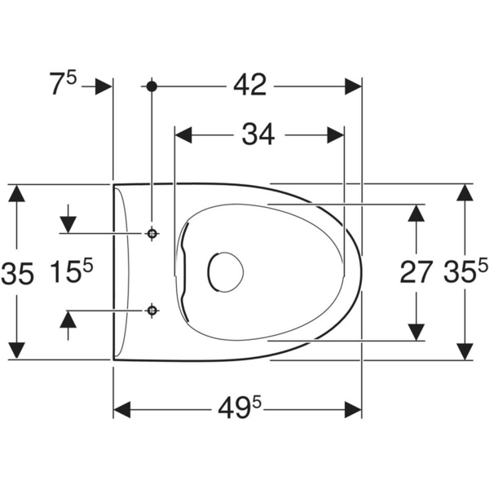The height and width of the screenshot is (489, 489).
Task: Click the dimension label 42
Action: click(250, 85)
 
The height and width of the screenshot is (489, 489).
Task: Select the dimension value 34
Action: click(258, 134)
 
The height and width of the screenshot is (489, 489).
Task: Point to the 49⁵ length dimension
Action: click(240, 408)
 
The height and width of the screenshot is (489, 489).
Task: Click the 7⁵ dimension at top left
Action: click(63, 83)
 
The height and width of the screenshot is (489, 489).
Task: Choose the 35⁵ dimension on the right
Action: click(465, 271)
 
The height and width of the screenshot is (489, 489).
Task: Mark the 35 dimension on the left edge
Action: click(17, 274)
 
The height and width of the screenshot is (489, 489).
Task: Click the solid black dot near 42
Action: click(152, 86)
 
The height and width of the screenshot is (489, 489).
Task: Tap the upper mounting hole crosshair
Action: click(152, 233)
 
